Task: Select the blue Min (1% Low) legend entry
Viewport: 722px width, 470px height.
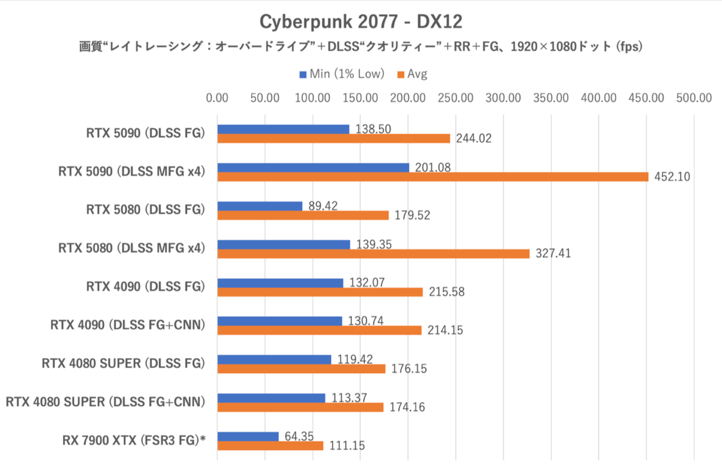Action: (x=341, y=74)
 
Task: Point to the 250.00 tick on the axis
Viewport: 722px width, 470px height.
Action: (x=455, y=98)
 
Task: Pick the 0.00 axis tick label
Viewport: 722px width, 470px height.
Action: (x=217, y=98)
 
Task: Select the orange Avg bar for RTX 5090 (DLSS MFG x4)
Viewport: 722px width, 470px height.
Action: (x=433, y=177)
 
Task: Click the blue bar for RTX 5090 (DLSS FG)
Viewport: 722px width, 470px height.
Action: (x=283, y=129)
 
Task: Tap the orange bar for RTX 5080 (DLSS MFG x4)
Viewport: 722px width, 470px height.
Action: (x=373, y=254)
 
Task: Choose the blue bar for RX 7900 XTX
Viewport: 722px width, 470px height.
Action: (x=248, y=436)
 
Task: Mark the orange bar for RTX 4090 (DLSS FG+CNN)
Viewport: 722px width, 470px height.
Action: (x=319, y=331)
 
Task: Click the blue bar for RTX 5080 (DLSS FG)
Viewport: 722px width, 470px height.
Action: (x=259, y=206)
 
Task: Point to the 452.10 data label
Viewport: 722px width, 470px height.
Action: (x=671, y=177)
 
